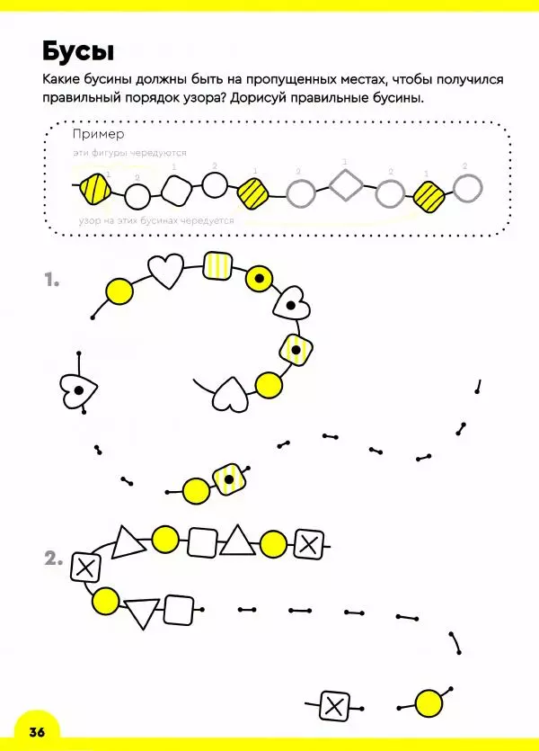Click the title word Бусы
(78, 49)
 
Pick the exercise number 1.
(51, 281)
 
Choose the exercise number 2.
(53, 559)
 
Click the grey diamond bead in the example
(346, 187)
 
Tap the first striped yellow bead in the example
(95, 190)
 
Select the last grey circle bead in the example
(467, 188)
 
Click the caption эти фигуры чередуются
(123, 155)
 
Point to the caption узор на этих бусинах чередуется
(156, 220)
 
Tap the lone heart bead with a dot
(78, 389)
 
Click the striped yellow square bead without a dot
(217, 264)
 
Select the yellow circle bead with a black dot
(260, 280)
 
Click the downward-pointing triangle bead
(142, 613)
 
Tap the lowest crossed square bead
(335, 705)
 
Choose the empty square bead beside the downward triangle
(180, 610)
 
